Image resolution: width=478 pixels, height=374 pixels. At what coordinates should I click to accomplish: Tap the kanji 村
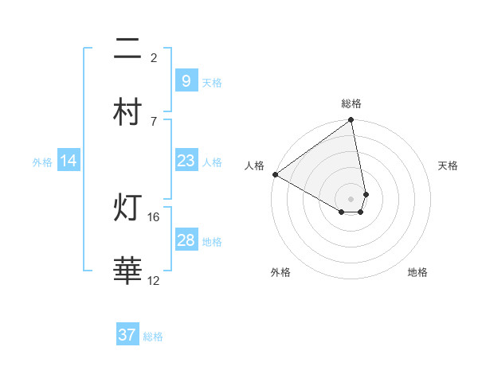point(127,111)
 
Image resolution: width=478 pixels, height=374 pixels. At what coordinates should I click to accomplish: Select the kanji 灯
point(127,208)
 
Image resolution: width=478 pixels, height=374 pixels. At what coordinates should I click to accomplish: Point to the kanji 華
point(127,271)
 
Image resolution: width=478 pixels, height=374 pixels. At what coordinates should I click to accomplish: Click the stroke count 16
point(154,216)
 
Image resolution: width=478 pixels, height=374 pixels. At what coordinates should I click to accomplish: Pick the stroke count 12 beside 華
point(154,280)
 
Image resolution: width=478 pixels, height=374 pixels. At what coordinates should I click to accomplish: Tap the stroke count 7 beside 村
point(154,120)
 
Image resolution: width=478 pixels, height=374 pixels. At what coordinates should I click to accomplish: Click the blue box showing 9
point(186,80)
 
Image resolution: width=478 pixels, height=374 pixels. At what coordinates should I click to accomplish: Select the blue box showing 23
point(186,161)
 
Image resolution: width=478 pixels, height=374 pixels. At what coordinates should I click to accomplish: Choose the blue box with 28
point(186,240)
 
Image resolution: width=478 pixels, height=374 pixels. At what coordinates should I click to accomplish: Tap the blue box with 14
point(69,161)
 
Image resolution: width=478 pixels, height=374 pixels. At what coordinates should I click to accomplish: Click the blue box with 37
point(127,335)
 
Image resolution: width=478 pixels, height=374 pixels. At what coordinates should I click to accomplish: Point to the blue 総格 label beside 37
point(153,337)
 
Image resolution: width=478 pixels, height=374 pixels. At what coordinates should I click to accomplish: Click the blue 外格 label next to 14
point(42,162)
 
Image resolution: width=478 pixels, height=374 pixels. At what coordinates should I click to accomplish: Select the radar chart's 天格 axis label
point(448,166)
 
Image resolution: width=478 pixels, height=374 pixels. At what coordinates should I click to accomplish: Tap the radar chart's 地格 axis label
point(417,272)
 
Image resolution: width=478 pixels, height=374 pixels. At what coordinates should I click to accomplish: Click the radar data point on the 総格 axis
point(351,121)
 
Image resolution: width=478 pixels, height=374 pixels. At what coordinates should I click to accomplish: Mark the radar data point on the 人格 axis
point(275,174)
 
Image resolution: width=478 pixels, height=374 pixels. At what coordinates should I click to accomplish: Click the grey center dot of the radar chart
point(351,198)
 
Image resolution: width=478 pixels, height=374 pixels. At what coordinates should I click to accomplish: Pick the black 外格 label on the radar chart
point(280,272)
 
